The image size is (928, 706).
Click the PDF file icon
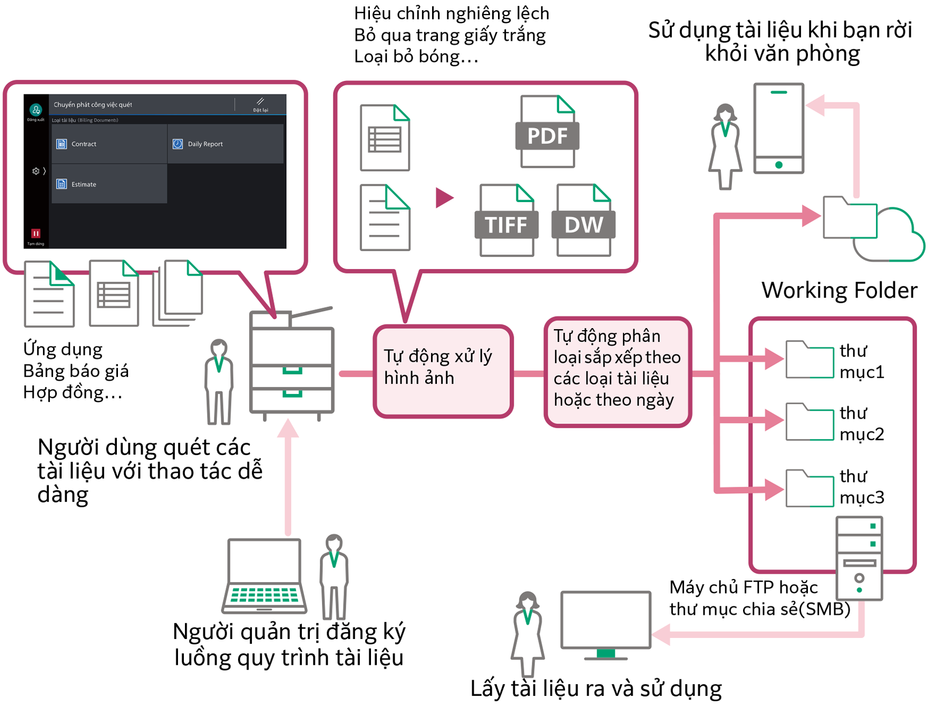[547, 132]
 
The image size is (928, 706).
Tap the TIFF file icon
[506, 221]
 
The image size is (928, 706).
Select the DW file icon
[583, 221]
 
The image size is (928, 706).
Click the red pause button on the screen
[35, 233]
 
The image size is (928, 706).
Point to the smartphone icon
[778, 129]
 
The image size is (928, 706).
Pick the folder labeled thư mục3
[809, 488]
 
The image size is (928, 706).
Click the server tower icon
[859, 558]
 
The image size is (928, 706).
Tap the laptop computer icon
[264, 576]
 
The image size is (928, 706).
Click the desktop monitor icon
[606, 622]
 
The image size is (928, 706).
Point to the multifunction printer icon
[292, 365]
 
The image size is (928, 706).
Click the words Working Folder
[839, 291]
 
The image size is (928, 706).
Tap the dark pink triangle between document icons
[444, 197]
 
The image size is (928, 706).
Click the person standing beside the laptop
[334, 576]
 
